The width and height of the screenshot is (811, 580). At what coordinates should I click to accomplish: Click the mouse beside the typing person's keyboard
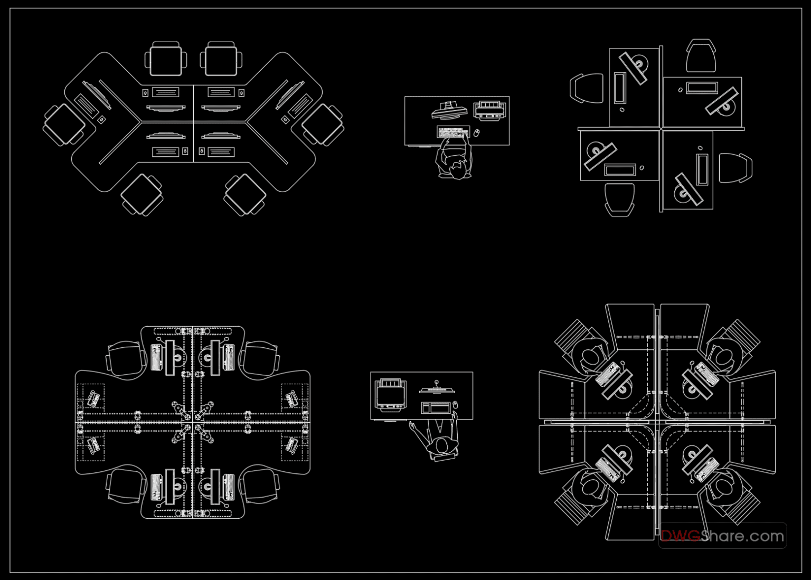point(476,133)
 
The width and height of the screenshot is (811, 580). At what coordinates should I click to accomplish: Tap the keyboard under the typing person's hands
point(453,132)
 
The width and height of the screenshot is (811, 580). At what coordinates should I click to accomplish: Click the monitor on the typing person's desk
point(449,110)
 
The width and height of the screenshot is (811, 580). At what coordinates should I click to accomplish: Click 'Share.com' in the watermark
point(743,536)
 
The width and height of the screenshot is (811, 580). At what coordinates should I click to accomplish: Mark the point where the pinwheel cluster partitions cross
point(661,128)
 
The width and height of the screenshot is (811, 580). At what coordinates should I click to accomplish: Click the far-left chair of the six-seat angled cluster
point(63,125)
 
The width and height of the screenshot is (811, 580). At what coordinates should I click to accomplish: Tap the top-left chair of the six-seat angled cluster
point(166,59)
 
